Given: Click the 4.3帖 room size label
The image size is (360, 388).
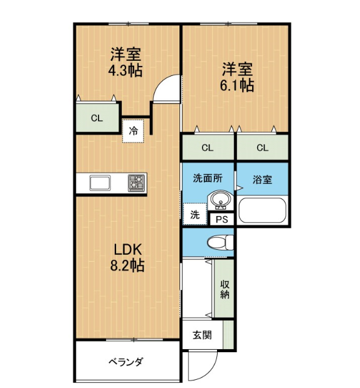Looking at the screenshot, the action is click(125, 70).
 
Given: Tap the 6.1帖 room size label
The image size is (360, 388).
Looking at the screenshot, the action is click(237, 85).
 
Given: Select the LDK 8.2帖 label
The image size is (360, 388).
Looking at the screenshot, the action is click(127, 257).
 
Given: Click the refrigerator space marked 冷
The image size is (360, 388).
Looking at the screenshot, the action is click(133, 131).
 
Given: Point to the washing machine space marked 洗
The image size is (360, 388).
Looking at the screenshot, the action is click(195, 214).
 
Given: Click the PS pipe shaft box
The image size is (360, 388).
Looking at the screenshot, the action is click(222, 219).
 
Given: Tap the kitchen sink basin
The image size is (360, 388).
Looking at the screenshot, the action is click(100, 183).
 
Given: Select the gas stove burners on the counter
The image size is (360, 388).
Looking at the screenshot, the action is click(136, 183).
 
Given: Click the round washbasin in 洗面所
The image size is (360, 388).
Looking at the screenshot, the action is click(220, 200).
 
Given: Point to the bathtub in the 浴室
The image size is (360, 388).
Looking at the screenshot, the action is click(262, 210).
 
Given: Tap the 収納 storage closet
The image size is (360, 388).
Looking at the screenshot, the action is click(225, 288).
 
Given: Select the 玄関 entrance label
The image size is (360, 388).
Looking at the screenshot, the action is click(202, 335).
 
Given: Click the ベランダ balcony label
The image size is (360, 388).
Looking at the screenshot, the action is click(125, 362).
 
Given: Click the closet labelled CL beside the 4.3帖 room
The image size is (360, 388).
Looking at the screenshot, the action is click(97, 118).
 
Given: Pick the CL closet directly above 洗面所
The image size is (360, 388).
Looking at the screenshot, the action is click(208, 148).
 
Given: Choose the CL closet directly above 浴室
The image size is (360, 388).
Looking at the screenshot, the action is click(263, 148).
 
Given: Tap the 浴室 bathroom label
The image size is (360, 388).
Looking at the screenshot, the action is click(262, 180).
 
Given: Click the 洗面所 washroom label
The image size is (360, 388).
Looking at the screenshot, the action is click(208, 178).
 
